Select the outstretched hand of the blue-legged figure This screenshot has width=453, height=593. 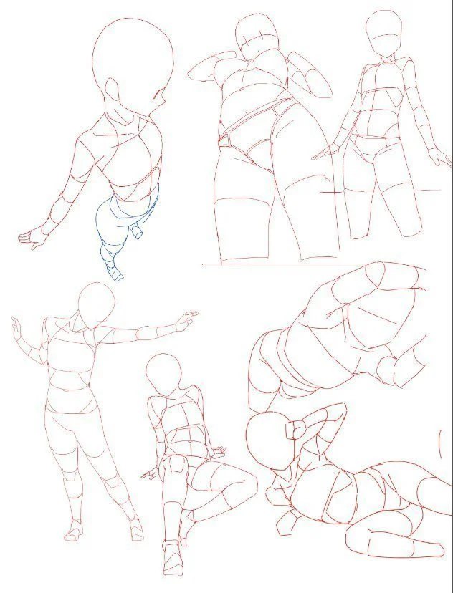tap(32, 238)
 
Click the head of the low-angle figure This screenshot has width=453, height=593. tap(257, 34)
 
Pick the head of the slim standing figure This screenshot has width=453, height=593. tap(383, 33)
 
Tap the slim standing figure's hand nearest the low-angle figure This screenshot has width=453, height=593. tap(329, 152)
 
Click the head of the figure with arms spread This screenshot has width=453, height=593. tap(97, 304)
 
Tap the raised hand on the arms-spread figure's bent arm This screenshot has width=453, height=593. tap(15, 326)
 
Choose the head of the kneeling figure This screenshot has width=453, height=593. tap(163, 374)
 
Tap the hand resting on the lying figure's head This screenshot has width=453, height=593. tap(294, 430)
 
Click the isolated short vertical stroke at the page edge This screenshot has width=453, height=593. tap(440, 444)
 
